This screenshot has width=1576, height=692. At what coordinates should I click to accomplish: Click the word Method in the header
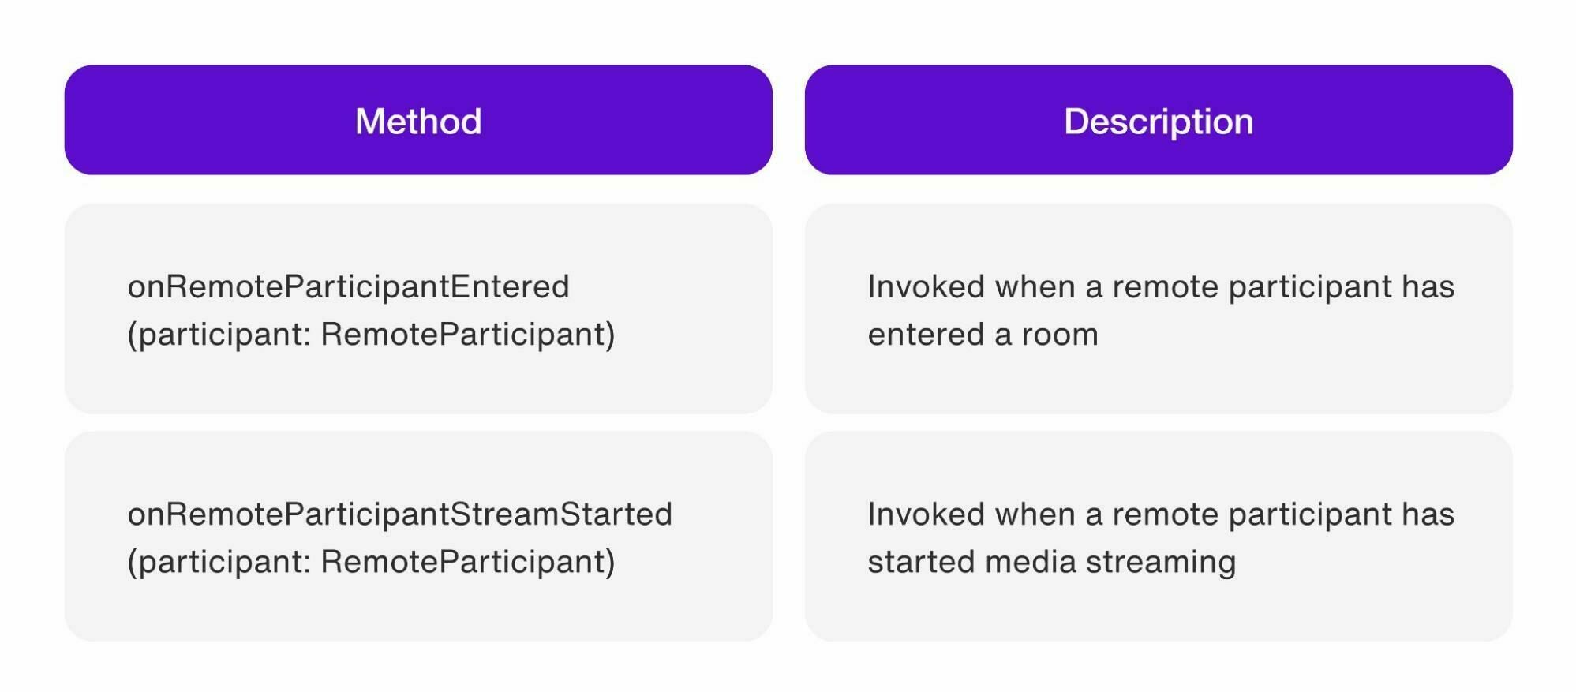click(x=418, y=122)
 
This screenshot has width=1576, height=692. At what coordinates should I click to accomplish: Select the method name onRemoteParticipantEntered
click(x=349, y=286)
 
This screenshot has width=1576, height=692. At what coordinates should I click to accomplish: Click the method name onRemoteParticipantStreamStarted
click(x=400, y=514)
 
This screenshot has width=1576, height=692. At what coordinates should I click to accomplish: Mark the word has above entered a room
click(x=1428, y=286)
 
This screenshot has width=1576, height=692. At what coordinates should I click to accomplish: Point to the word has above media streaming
click(x=1428, y=514)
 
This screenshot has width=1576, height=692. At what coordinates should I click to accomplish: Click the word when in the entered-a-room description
click(x=1035, y=286)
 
